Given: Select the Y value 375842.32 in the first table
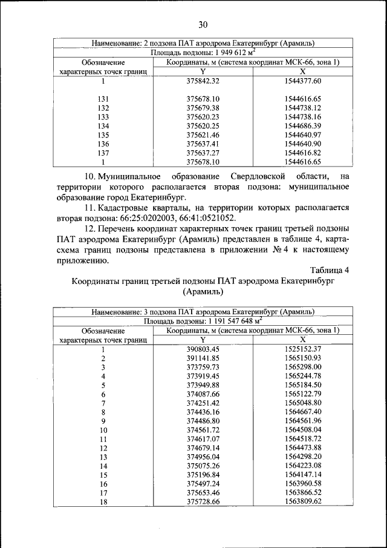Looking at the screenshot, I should (203, 81).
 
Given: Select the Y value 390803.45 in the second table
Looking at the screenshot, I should (203, 349).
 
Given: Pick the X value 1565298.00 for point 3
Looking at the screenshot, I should (302, 367).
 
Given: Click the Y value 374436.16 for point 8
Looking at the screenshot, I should (203, 412).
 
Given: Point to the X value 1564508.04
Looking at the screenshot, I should (302, 430).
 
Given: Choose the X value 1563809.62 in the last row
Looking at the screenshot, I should (302, 502).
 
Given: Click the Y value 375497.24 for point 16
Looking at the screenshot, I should (203, 484).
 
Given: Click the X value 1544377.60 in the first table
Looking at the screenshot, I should (302, 81).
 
